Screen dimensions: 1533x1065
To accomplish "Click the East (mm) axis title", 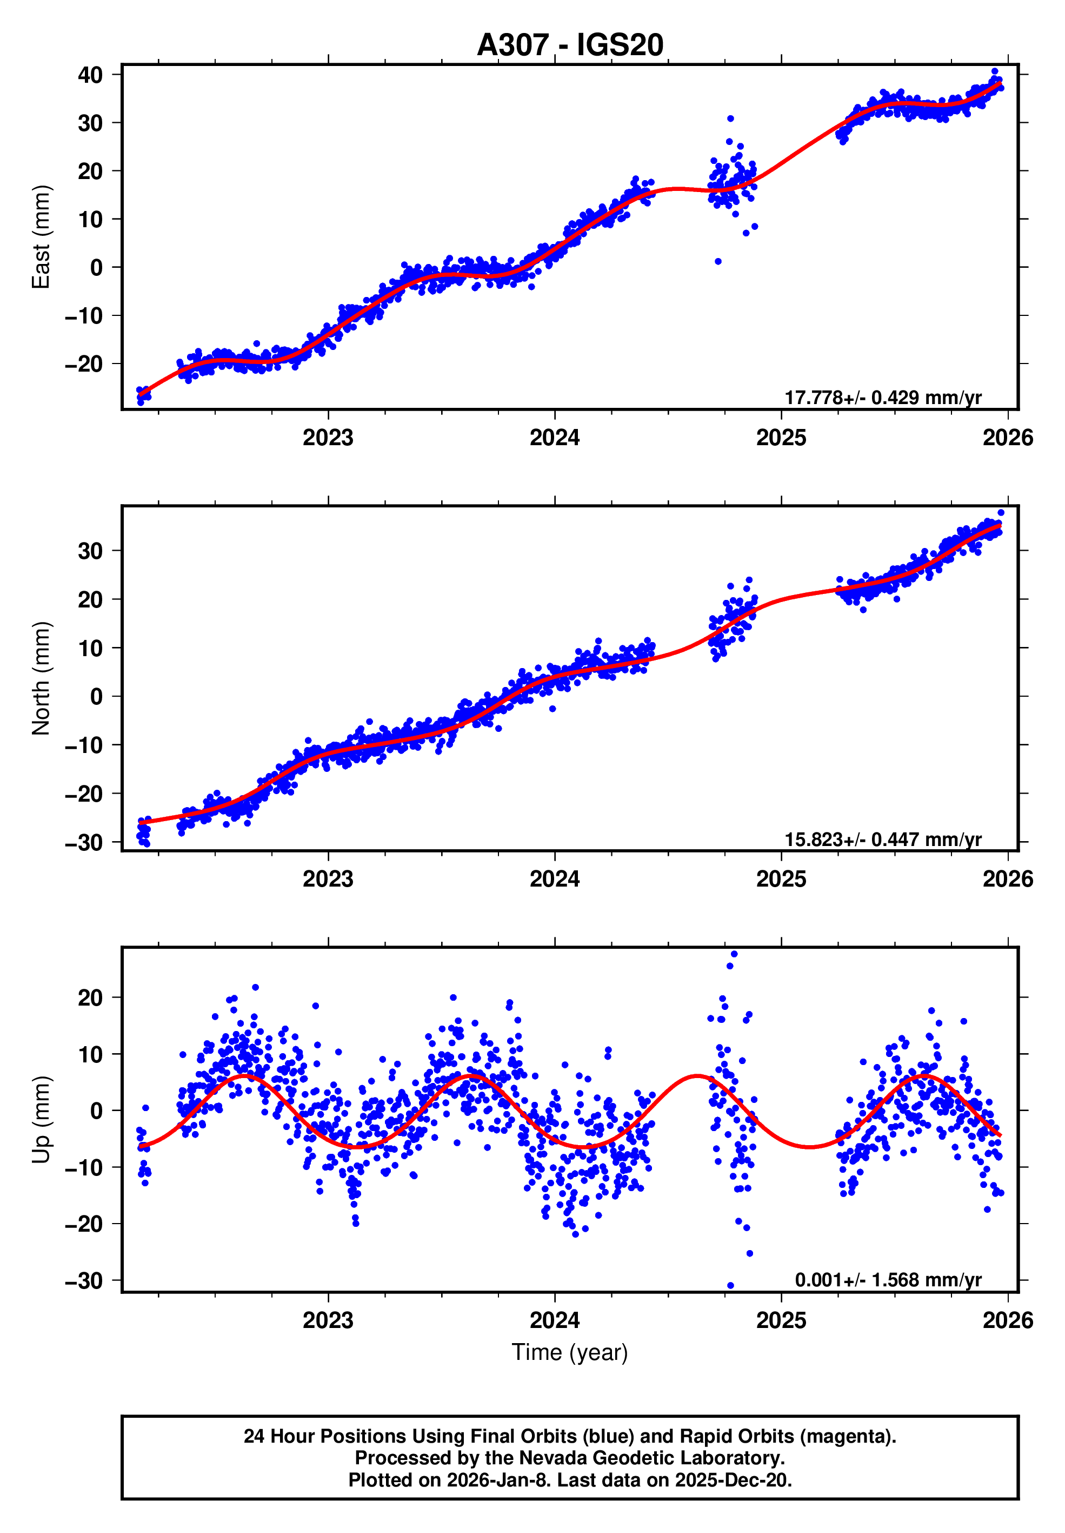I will point(42,237).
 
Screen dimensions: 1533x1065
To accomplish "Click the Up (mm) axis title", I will point(42,1120).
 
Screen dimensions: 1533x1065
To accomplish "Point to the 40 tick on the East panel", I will point(90,75).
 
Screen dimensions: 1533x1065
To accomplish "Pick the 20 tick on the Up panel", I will point(90,997).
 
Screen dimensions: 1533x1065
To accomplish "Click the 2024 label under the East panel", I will point(555,438).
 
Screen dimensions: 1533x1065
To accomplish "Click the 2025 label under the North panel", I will point(781,880).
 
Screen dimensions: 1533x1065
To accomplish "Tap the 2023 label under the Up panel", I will point(328,1320).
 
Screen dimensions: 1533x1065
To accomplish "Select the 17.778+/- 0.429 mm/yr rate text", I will point(882,398).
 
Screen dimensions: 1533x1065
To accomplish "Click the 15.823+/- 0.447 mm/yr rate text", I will point(882,840).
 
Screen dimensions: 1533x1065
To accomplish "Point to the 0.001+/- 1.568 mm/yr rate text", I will point(888,1280).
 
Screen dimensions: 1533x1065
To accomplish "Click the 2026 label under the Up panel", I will point(1007,1320).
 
